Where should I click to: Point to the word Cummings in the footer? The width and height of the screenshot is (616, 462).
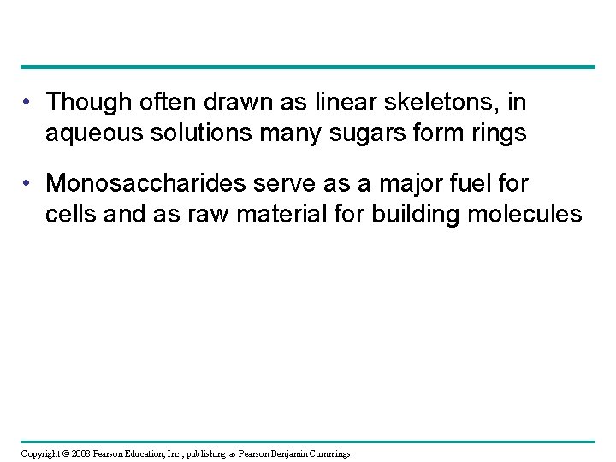point(329,453)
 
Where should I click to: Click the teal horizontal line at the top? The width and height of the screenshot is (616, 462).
point(308,67)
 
